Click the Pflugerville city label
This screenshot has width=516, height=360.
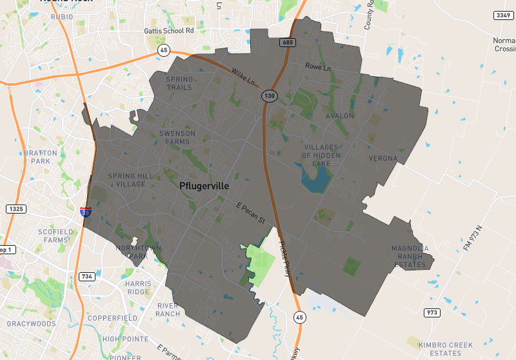pos(204,186)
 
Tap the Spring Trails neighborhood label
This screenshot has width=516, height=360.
pos(179,83)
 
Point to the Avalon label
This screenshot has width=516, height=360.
pos(340,116)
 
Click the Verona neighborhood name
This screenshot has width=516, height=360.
pos(383,158)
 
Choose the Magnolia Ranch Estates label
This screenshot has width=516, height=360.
pos(410,256)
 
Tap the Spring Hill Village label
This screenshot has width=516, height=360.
pos(131,180)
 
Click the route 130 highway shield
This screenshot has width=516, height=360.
pos(269,95)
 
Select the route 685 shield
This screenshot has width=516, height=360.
pos(288,43)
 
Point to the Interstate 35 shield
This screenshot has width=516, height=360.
pos(85,211)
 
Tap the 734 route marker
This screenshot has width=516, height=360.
pos(86,276)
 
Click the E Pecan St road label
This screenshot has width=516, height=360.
pos(250,213)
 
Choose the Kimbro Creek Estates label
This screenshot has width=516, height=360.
pos(444,349)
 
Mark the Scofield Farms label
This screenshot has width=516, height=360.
pos(53,235)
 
